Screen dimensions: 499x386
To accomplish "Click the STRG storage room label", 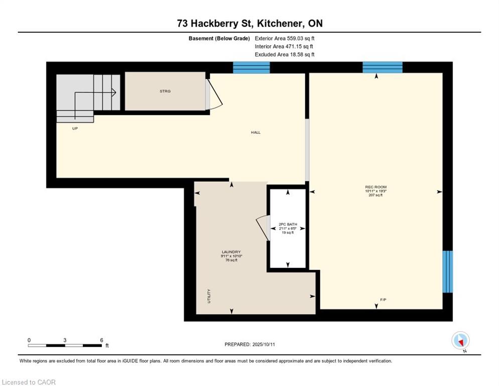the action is [165, 91].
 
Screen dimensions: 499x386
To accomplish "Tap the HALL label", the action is [256, 132].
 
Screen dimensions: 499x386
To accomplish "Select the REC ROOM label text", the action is [376, 187].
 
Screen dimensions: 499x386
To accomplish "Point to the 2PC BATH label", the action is [288, 224].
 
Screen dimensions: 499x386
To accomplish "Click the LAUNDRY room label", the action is [231, 252].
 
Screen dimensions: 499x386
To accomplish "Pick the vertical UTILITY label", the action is [209, 296].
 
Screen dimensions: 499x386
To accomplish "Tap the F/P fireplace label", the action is [383, 300].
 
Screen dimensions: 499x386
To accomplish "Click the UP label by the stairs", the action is [75, 129].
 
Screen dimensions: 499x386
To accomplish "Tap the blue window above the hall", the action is [252, 67].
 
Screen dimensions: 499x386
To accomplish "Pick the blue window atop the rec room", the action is [383, 67].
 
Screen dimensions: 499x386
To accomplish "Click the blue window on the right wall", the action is [447, 271].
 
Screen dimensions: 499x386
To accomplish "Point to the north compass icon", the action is [460, 340].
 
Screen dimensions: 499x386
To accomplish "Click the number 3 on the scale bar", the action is [65, 340].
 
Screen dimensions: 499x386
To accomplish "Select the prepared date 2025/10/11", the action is [264, 345].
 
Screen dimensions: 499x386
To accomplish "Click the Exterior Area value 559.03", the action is [297, 38].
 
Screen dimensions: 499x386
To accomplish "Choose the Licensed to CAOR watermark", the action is [29, 382].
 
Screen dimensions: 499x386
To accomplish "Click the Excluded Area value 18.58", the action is [298, 54].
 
